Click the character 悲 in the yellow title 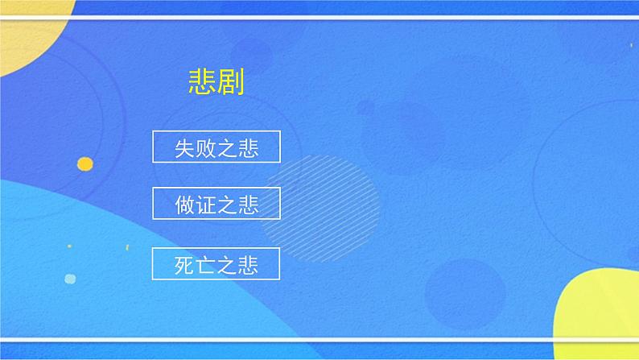(200, 82)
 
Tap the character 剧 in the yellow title (229, 82)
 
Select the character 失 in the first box (185, 149)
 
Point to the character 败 (206, 149)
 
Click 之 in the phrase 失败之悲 (227, 149)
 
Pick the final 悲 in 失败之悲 (248, 149)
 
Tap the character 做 (185, 205)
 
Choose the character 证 (206, 205)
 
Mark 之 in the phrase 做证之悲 (227, 205)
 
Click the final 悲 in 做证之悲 (248, 205)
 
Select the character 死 (185, 265)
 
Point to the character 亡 (206, 265)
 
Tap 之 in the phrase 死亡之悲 (227, 265)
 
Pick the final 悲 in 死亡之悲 (248, 265)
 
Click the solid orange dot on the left (85, 164)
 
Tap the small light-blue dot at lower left (70, 279)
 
